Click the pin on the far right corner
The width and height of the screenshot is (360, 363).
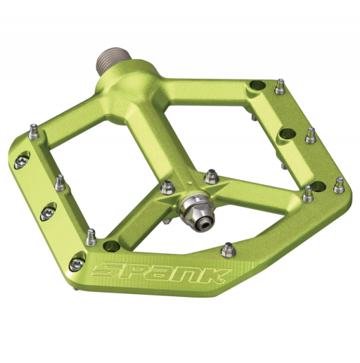pyautogui.click(x=340, y=184)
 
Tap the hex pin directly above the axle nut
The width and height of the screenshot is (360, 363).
pyautogui.click(x=209, y=176)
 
